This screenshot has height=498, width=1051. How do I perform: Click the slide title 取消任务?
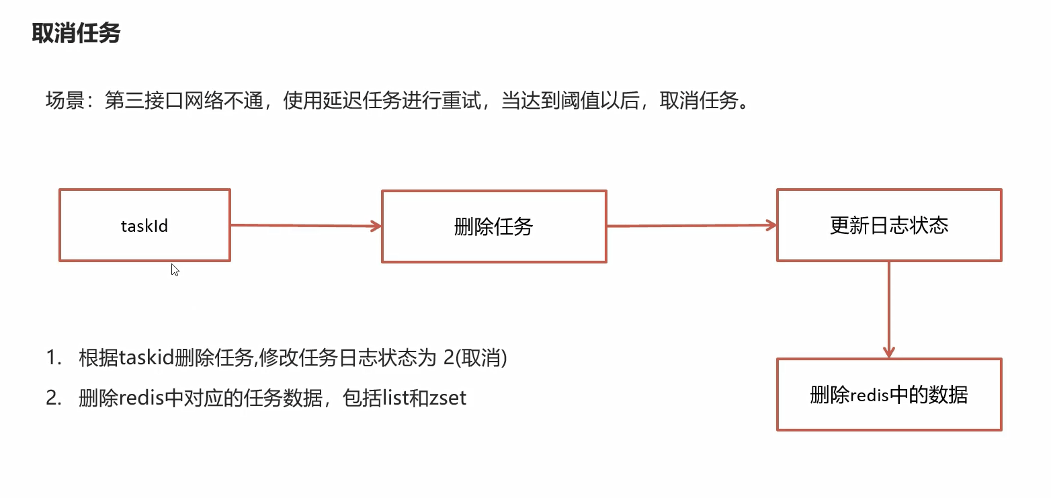76,33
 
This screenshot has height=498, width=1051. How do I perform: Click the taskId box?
144,225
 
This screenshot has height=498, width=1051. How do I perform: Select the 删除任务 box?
494,226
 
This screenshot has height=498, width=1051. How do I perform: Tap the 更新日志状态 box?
889,224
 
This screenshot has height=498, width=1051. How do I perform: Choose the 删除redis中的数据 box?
889,395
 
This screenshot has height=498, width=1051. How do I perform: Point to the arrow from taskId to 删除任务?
306,226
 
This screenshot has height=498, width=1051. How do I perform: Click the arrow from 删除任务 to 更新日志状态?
691,226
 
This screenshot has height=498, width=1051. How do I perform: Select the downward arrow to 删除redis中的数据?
889,309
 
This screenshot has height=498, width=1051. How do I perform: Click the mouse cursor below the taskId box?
175,269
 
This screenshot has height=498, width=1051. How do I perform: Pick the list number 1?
52,358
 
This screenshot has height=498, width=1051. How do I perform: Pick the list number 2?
52,398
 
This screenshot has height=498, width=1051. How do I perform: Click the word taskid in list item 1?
146,358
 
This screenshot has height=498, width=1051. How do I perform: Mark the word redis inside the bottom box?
870,395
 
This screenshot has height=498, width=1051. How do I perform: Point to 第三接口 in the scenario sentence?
143,101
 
